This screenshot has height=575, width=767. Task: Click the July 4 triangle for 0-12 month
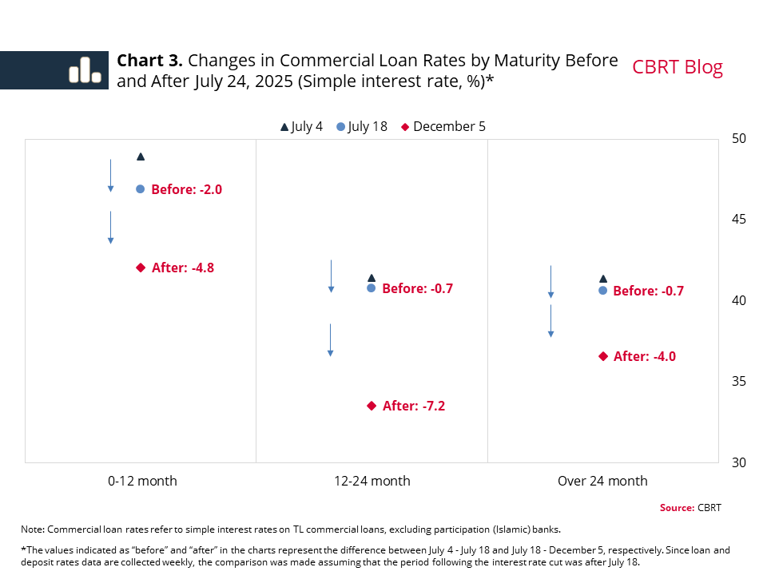pyautogui.click(x=141, y=157)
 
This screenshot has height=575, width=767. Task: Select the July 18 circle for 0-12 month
pyautogui.click(x=141, y=189)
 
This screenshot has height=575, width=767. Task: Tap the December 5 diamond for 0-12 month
pyautogui.click(x=141, y=268)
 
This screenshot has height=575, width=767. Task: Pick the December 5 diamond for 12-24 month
pyautogui.click(x=372, y=406)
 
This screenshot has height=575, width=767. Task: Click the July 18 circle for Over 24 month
pyautogui.click(x=603, y=291)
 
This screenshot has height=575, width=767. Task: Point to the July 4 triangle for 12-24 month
pyautogui.click(x=372, y=278)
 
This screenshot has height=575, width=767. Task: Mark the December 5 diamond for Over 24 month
pyautogui.click(x=603, y=356)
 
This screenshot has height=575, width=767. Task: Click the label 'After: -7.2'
pyautogui.click(x=414, y=406)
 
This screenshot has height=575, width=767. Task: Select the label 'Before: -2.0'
pyautogui.click(x=186, y=189)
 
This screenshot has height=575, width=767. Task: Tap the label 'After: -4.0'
pyautogui.click(x=645, y=356)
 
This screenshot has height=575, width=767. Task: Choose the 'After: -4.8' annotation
pyautogui.click(x=183, y=268)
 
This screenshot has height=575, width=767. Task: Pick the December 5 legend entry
pyautogui.click(x=443, y=126)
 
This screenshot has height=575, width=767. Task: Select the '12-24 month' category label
pyautogui.click(x=372, y=481)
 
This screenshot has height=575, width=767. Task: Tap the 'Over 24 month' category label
pyautogui.click(x=602, y=481)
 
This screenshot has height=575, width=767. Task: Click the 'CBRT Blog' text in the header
pyautogui.click(x=678, y=67)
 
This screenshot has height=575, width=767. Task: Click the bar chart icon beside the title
pyautogui.click(x=85, y=70)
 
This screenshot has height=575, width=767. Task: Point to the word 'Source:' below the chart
pyautogui.click(x=677, y=508)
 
